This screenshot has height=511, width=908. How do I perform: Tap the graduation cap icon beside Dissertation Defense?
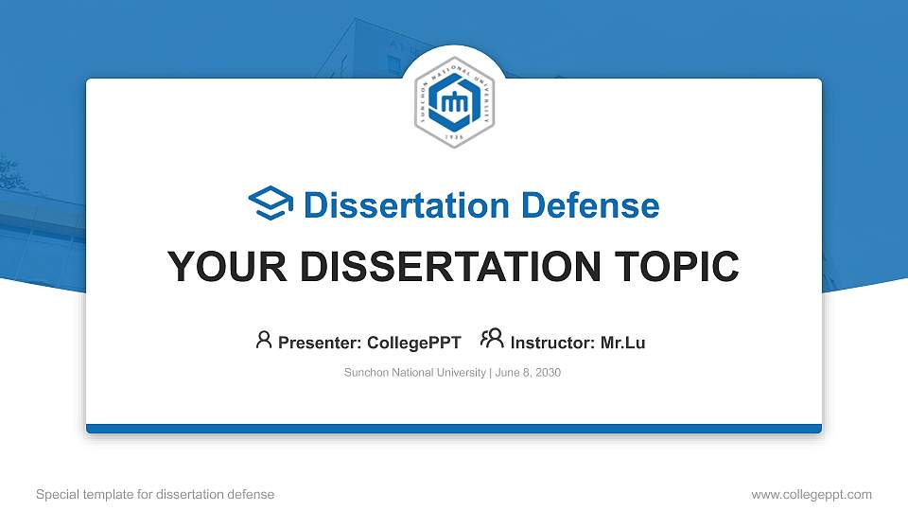point(271,204)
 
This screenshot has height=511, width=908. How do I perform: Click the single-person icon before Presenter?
point(264,340)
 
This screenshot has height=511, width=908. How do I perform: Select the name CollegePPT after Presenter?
point(415,343)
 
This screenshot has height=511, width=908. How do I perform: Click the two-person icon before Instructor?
point(492,340)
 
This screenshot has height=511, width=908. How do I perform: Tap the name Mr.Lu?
point(623,343)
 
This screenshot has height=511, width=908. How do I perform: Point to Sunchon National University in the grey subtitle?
point(414,373)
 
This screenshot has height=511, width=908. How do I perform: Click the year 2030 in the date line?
point(547,373)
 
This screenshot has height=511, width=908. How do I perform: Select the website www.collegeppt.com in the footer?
point(811,494)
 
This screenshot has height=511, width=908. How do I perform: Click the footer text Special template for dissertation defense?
point(155,494)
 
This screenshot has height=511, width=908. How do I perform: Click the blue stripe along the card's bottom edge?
point(454,429)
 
